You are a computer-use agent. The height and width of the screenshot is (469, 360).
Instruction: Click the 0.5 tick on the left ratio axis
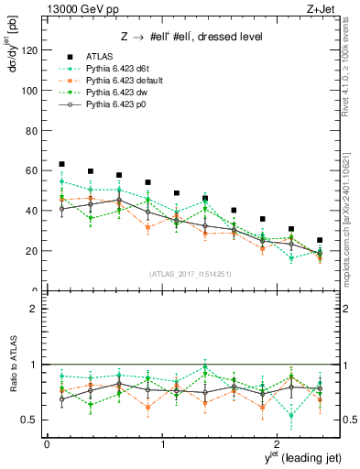pyautogui.click(x=29, y=420)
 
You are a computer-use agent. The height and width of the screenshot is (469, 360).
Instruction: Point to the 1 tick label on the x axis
pyautogui.click(x=162, y=444)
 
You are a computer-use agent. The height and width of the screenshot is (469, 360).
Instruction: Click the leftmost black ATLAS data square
pyautogui.click(x=61, y=164)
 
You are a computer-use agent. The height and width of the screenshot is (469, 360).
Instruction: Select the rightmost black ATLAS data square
pyautogui.click(x=319, y=240)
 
